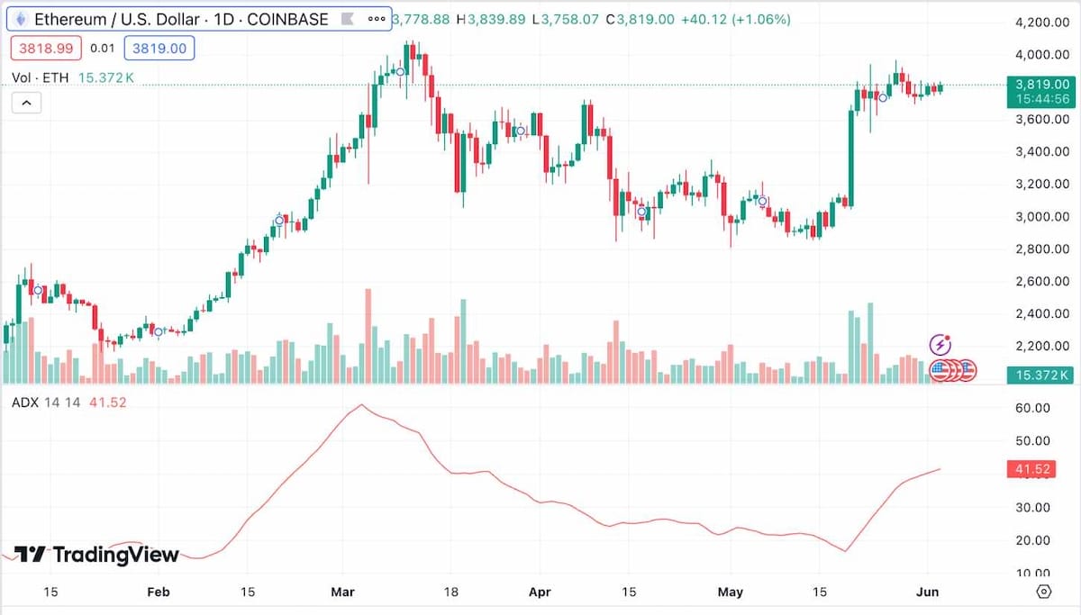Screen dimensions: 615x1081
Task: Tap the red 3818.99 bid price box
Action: coord(45,48)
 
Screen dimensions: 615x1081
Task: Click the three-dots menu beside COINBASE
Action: coord(377,19)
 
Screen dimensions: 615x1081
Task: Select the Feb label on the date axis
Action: coord(158,592)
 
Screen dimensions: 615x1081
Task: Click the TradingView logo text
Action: coord(97,555)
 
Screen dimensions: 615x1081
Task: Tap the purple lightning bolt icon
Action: coord(940,344)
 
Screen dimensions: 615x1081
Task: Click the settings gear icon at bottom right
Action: coord(1044,592)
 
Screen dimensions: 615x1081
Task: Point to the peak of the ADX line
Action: coord(361,405)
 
